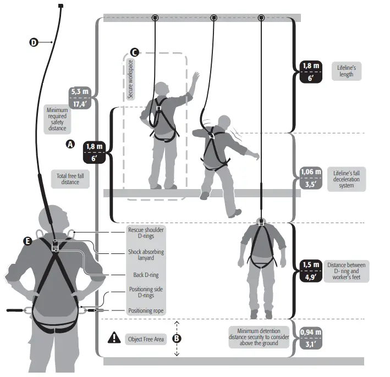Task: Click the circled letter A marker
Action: pyautogui.click(x=70, y=145)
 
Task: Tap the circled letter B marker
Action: pyautogui.click(x=177, y=338)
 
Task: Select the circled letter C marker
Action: pyautogui.click(x=134, y=52)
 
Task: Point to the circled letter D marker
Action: pyautogui.click(x=34, y=42)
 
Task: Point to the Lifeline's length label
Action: pyautogui.click(x=346, y=71)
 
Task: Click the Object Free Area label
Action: pyautogui.click(x=145, y=339)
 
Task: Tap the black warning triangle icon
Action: pyautogui.click(x=114, y=338)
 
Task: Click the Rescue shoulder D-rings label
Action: pyautogui.click(x=146, y=234)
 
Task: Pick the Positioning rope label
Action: pyautogui.click(x=146, y=311)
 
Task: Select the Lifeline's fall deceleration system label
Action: pyautogui.click(x=347, y=179)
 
